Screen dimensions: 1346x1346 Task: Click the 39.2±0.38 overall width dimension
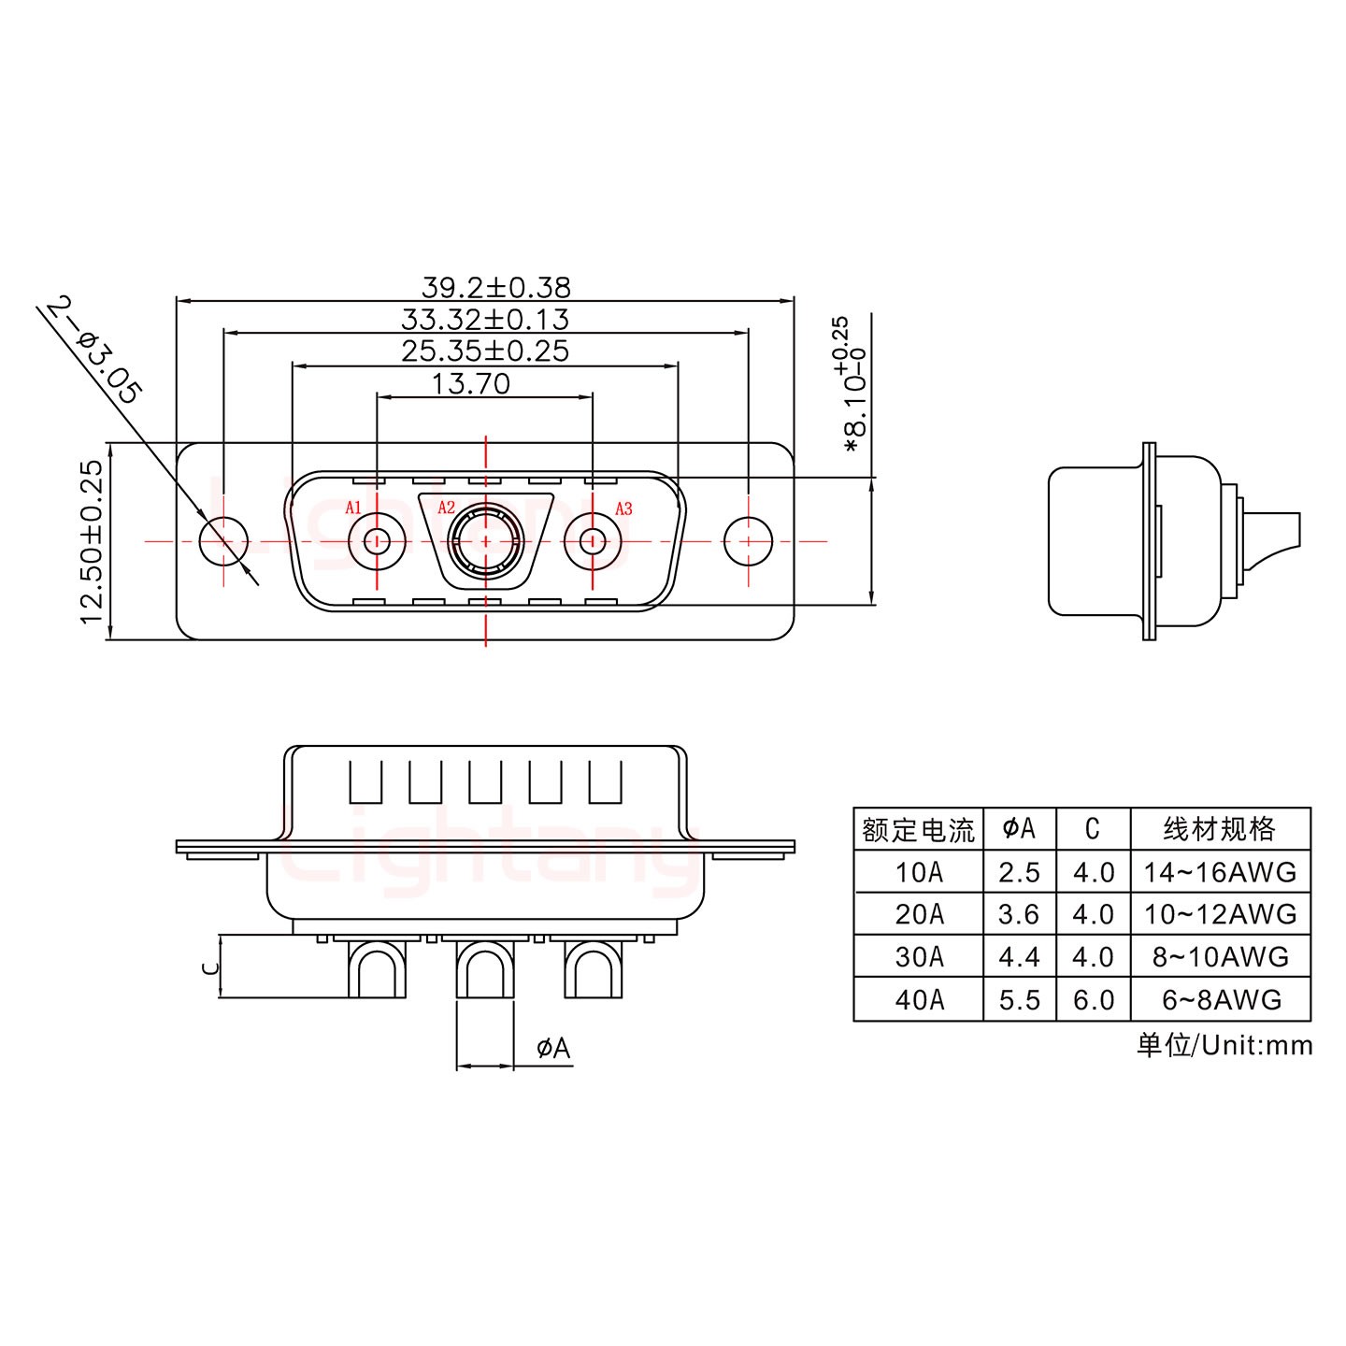click(495, 287)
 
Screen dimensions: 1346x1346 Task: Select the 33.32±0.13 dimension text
click(484, 319)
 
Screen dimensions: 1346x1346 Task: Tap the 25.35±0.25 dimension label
click(484, 351)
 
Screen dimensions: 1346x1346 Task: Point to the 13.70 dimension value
click(470, 383)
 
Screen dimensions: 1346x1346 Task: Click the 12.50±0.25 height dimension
click(91, 541)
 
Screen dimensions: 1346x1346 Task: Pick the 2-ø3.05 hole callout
click(93, 350)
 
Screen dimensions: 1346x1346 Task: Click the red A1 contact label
click(353, 508)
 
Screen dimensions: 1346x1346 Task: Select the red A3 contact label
click(623, 508)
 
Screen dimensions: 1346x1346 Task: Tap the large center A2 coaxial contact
click(484, 541)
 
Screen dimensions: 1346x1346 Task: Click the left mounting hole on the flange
click(224, 541)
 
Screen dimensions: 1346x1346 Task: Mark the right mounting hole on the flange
click(749, 541)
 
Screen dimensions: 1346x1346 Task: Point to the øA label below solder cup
click(553, 1049)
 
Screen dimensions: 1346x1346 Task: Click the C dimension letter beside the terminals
click(211, 967)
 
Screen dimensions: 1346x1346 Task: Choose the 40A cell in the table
click(919, 1000)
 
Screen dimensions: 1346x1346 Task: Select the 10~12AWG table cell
click(1220, 914)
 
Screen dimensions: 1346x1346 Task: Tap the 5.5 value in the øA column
click(1019, 1000)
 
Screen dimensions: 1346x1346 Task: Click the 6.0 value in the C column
click(1093, 1000)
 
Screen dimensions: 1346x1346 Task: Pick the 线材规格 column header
click(1220, 829)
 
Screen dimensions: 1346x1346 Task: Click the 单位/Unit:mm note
click(1224, 1045)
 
